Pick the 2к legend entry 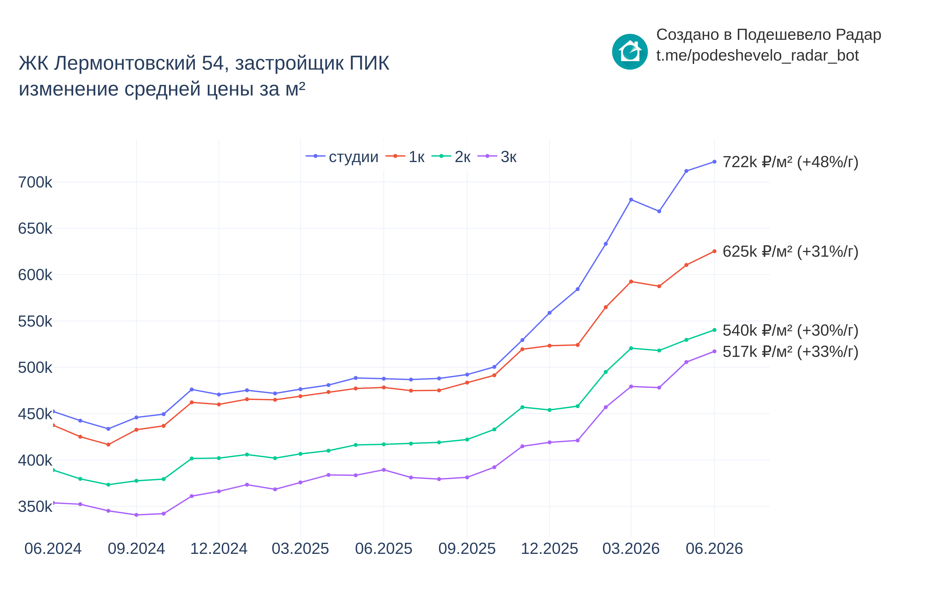coord(451,157)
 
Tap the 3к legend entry coord(497,157)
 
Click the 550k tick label coord(35,321)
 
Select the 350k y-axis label coord(35,507)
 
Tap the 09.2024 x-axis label coord(136,549)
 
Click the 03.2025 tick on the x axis coord(300,549)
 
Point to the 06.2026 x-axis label coord(714,549)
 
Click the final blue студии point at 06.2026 coord(714,162)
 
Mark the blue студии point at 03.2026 coord(631,200)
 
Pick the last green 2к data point coord(714,330)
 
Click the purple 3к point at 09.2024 coord(136,515)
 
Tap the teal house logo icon coord(630,52)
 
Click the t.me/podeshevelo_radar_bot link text coord(757,55)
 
